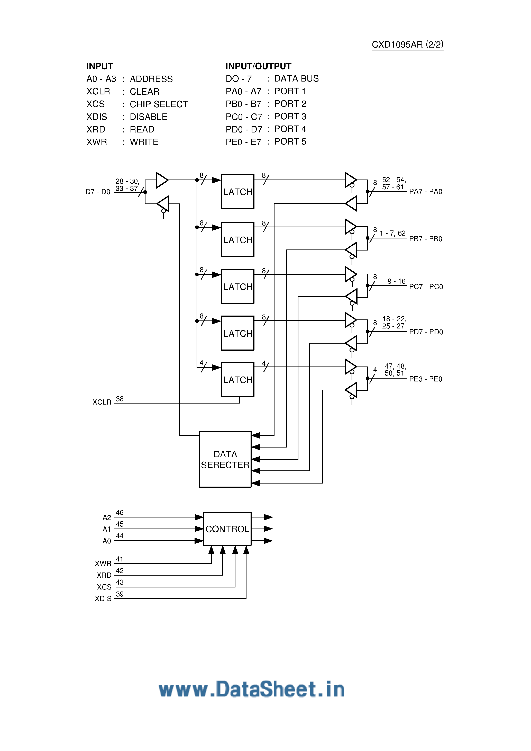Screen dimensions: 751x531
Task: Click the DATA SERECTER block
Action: [x=225, y=459]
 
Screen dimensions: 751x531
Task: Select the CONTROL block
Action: [x=227, y=529]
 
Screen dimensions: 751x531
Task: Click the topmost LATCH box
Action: [x=238, y=192]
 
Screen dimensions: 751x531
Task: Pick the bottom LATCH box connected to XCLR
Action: [x=238, y=380]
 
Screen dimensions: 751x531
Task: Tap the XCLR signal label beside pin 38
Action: [x=102, y=402]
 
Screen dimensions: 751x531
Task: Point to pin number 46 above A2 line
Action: [x=120, y=513]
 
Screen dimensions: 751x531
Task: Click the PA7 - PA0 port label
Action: [x=426, y=192]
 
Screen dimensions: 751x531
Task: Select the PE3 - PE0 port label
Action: [x=426, y=379]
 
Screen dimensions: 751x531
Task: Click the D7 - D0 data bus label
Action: [x=98, y=192]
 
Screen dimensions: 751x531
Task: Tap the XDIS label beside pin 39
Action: [x=103, y=598]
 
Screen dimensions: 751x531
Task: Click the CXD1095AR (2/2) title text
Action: [x=407, y=44]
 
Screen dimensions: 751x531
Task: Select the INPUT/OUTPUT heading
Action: [x=258, y=66]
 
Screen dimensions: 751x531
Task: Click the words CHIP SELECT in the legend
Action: [x=159, y=104]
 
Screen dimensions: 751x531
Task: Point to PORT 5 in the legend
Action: [x=290, y=142]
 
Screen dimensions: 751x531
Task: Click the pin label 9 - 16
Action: [x=396, y=281]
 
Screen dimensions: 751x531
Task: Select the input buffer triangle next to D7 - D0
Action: [x=162, y=180]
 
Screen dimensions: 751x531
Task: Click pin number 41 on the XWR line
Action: [x=120, y=559]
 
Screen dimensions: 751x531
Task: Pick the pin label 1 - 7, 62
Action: [x=392, y=233]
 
